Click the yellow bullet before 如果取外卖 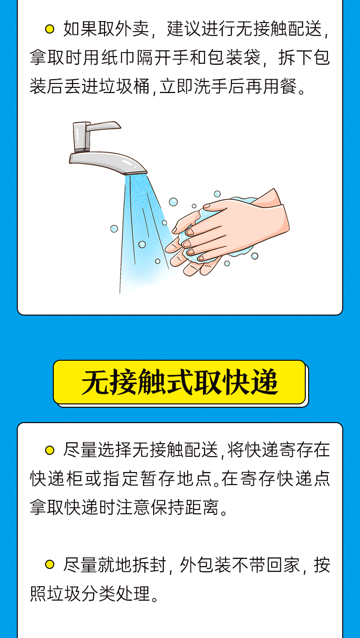click(49, 29)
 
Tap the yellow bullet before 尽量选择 click(49, 450)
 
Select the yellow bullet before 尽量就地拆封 click(49, 564)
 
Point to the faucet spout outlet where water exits click(136, 171)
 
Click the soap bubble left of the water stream click(114, 229)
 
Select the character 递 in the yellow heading click(264, 382)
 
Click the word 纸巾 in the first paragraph click(118, 58)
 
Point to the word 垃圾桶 click(124, 86)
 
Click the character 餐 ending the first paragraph click(289, 86)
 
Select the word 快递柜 click(56, 479)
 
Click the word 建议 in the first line click(184, 29)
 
